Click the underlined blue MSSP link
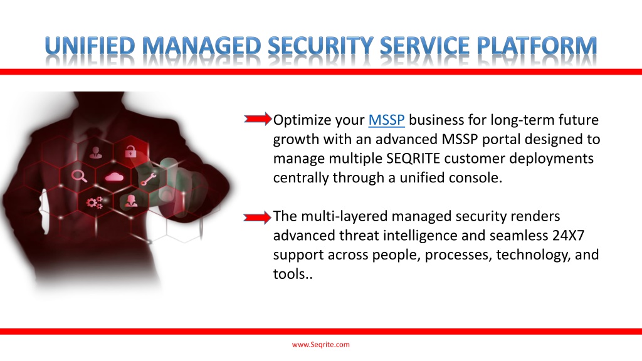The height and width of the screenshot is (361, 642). [x=386, y=120]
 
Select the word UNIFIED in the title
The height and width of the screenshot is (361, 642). [x=90, y=46]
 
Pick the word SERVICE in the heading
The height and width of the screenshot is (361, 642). [x=424, y=46]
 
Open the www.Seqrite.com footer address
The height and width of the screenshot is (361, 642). [x=320, y=345]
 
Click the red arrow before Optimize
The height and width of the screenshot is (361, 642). [x=258, y=118]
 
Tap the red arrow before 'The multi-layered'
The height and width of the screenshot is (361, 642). [x=257, y=217]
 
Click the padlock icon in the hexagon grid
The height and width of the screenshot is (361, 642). [x=130, y=152]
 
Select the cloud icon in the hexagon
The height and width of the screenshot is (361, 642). [x=114, y=176]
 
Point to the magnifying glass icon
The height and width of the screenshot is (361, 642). [x=79, y=175]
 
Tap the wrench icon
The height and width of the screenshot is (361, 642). [x=148, y=179]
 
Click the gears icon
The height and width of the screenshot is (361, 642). [x=95, y=202]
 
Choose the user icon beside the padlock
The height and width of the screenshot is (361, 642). [x=96, y=153]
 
